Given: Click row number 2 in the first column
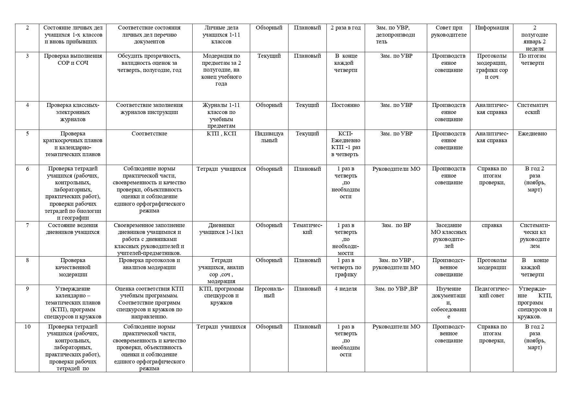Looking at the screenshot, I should [x=27, y=28].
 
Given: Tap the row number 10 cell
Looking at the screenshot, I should [x=27, y=327].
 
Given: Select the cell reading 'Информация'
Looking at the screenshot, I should [x=492, y=28].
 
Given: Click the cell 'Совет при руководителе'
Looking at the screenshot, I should [x=448, y=31].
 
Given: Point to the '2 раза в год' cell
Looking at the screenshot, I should [x=346, y=28].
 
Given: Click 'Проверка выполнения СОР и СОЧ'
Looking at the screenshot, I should [x=73, y=59].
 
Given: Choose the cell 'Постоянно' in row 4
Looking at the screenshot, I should [x=346, y=105].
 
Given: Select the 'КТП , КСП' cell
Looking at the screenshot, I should [x=221, y=133].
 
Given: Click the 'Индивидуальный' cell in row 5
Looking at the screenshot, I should [x=269, y=137].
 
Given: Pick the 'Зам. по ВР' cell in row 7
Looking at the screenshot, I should [x=396, y=225].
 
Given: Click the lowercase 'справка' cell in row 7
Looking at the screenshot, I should [x=492, y=225].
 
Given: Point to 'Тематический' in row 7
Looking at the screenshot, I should [x=307, y=229].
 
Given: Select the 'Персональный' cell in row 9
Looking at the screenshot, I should [x=269, y=292].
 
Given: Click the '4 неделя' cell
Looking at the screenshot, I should [x=346, y=289].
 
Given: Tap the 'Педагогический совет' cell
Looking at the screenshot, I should [x=492, y=292].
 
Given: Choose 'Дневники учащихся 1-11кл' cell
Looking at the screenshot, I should [x=221, y=229].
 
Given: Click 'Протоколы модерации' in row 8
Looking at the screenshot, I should [x=492, y=264].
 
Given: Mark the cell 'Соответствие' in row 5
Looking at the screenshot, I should [x=149, y=133].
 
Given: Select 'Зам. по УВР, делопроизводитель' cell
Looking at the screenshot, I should [x=396, y=35].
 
